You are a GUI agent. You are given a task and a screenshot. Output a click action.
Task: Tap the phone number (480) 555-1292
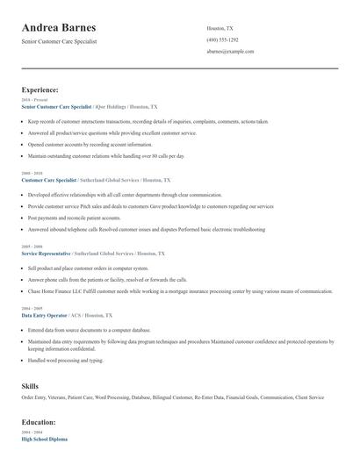tap(222, 40)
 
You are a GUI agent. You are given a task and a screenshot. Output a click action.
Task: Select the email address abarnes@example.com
tap(230, 52)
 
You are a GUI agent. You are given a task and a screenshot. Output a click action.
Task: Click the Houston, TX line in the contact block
tap(220, 28)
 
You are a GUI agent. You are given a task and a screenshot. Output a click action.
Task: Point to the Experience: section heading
tap(40, 89)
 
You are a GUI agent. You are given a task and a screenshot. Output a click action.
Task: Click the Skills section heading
tap(30, 385)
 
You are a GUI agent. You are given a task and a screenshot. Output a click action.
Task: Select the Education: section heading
tap(40, 421)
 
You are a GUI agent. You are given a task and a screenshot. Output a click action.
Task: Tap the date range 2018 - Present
tap(32, 100)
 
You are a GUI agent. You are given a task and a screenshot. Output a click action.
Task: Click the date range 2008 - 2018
tap(31, 174)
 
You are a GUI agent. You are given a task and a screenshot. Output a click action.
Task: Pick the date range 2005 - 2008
tap(31, 247)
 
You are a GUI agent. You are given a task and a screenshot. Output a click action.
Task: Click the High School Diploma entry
tap(44, 438)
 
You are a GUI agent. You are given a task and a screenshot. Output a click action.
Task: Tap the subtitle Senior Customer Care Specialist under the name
tap(59, 41)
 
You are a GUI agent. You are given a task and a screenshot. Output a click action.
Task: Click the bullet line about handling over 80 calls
tap(106, 155)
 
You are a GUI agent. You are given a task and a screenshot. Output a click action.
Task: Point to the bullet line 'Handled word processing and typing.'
tap(66, 360)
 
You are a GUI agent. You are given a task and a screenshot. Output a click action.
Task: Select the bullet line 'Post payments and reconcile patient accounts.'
tap(75, 218)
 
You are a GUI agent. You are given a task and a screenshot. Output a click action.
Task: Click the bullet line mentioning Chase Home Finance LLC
tap(167, 290)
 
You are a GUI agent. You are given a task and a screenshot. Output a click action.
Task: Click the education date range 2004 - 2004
tap(31, 433)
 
